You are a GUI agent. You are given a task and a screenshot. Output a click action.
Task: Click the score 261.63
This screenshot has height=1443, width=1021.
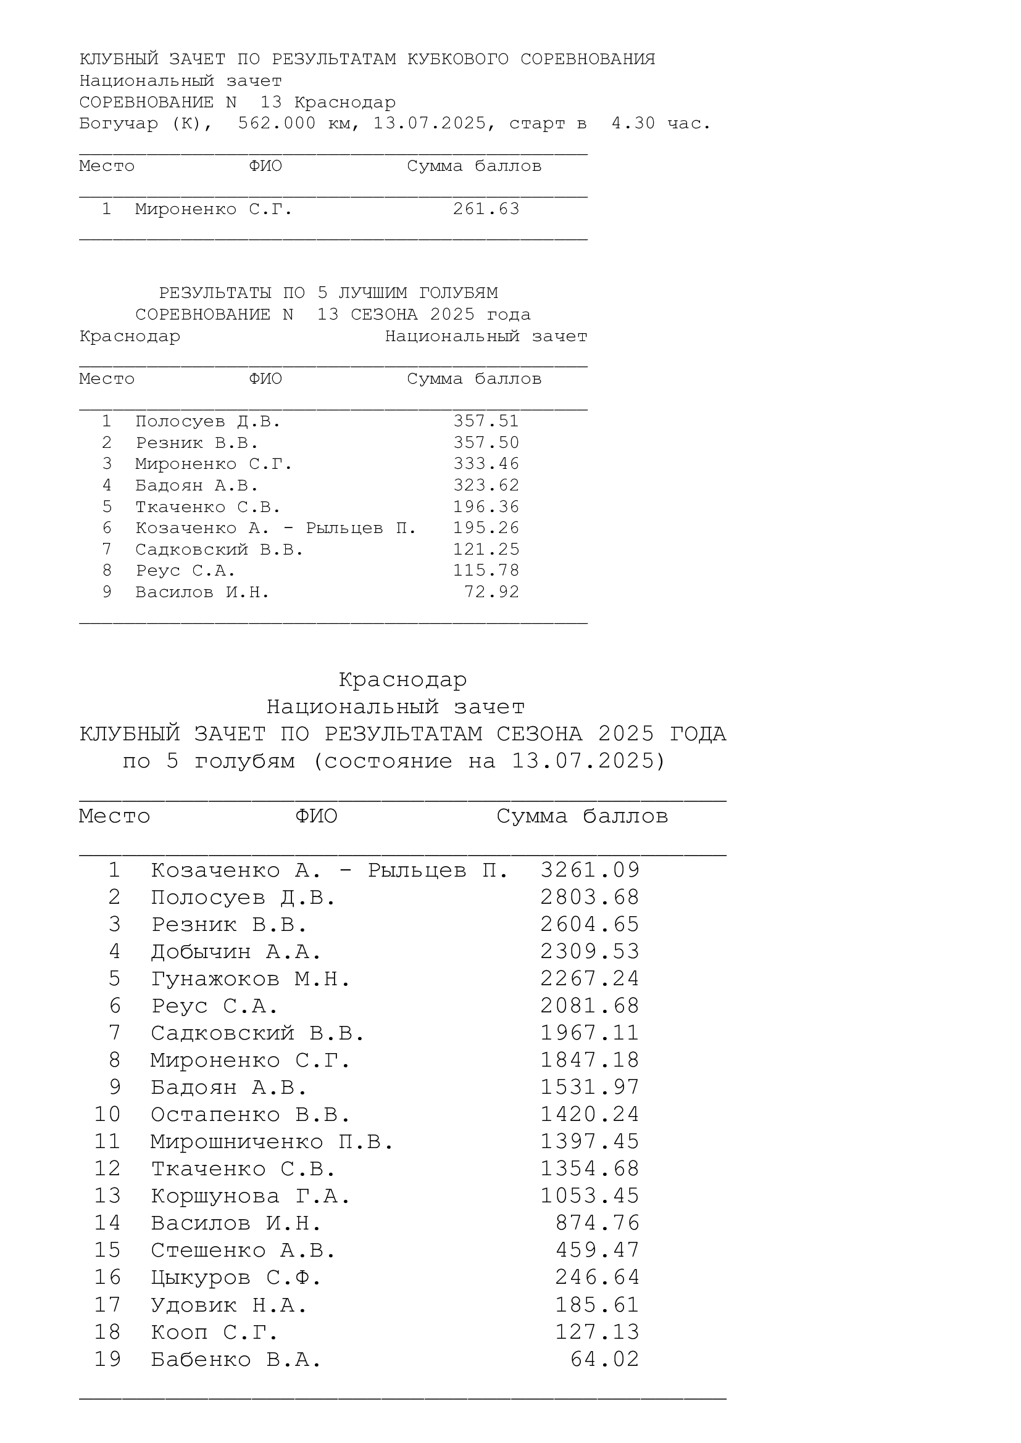coord(486,209)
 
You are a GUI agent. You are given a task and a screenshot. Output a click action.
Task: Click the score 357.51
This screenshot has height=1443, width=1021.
coord(486,421)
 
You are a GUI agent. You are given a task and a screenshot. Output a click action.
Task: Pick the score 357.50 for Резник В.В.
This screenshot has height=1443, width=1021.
coord(486,442)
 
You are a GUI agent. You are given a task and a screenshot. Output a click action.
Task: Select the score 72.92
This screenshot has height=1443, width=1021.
coord(491,592)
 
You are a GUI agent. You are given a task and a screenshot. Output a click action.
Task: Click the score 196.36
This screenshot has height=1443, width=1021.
coord(486,506)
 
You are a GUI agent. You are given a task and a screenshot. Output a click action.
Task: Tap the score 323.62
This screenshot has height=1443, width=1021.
coord(486,485)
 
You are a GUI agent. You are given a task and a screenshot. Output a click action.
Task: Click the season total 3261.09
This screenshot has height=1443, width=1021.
coord(590,870)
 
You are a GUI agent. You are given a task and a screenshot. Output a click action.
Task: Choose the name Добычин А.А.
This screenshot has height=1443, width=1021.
coord(236,952)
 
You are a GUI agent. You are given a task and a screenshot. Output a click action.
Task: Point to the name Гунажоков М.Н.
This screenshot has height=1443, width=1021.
coord(250,979)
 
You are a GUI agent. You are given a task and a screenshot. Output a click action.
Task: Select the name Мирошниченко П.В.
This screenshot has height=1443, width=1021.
coord(272,1142)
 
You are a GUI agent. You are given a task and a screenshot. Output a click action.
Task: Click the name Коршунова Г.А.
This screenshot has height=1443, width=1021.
coord(250,1196)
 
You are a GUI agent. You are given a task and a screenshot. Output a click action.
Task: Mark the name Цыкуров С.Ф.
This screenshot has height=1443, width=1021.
coord(236,1278)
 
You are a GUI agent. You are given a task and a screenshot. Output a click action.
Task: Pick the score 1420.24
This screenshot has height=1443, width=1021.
coord(590,1114)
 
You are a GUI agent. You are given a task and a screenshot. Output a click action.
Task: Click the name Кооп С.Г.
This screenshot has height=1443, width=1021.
coord(214,1333)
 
